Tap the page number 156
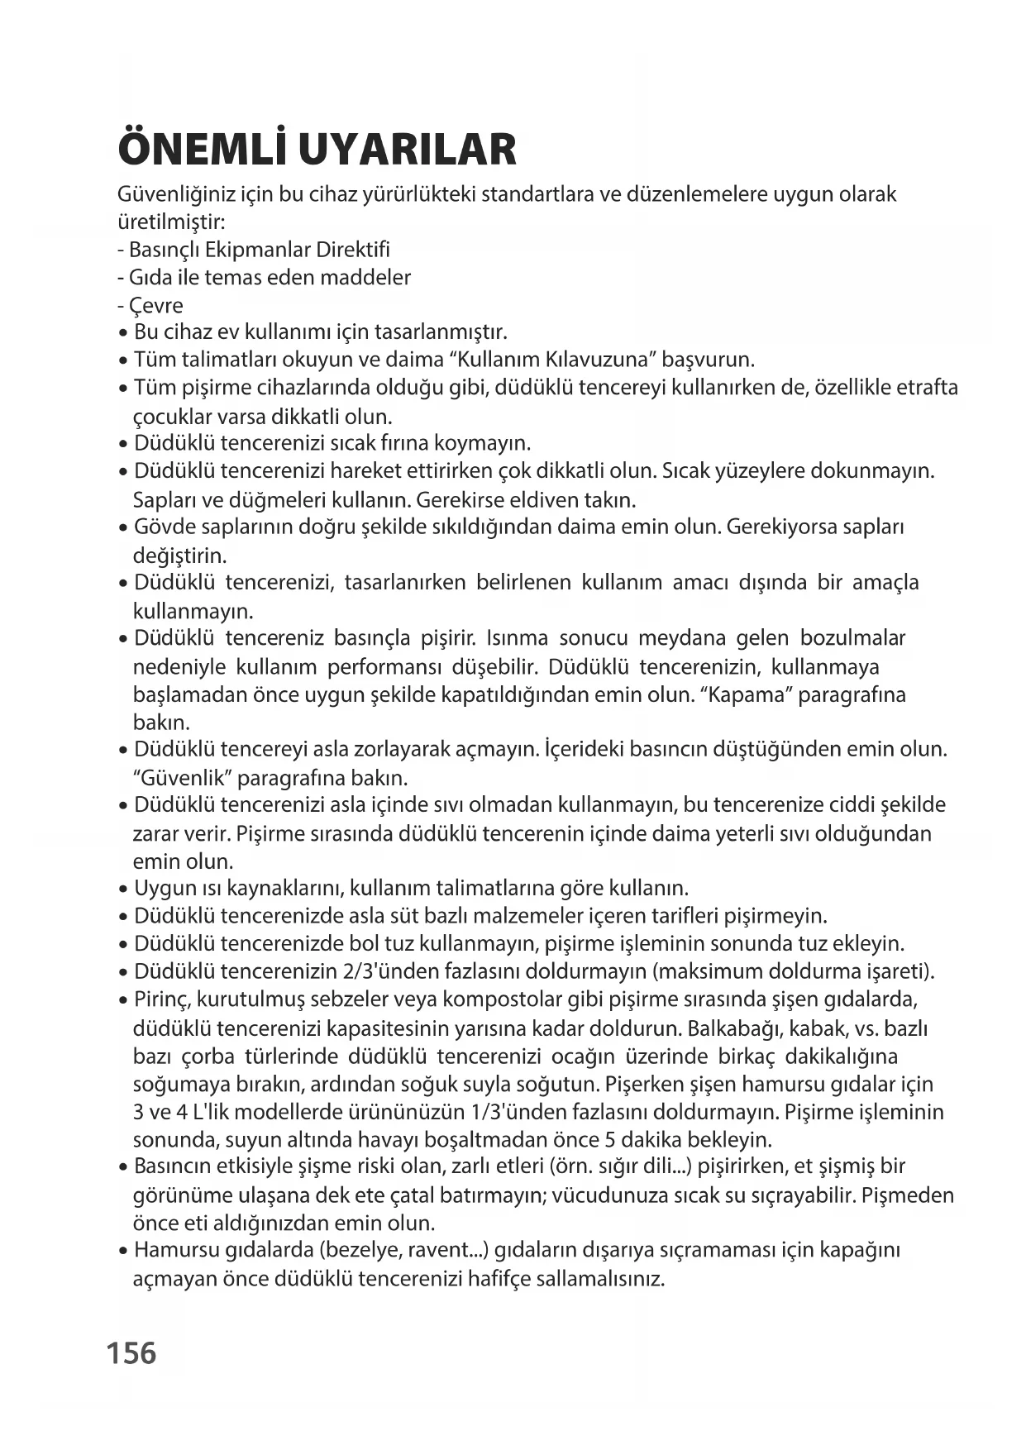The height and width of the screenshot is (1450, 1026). (x=131, y=1353)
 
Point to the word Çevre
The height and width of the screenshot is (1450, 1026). (x=156, y=305)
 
